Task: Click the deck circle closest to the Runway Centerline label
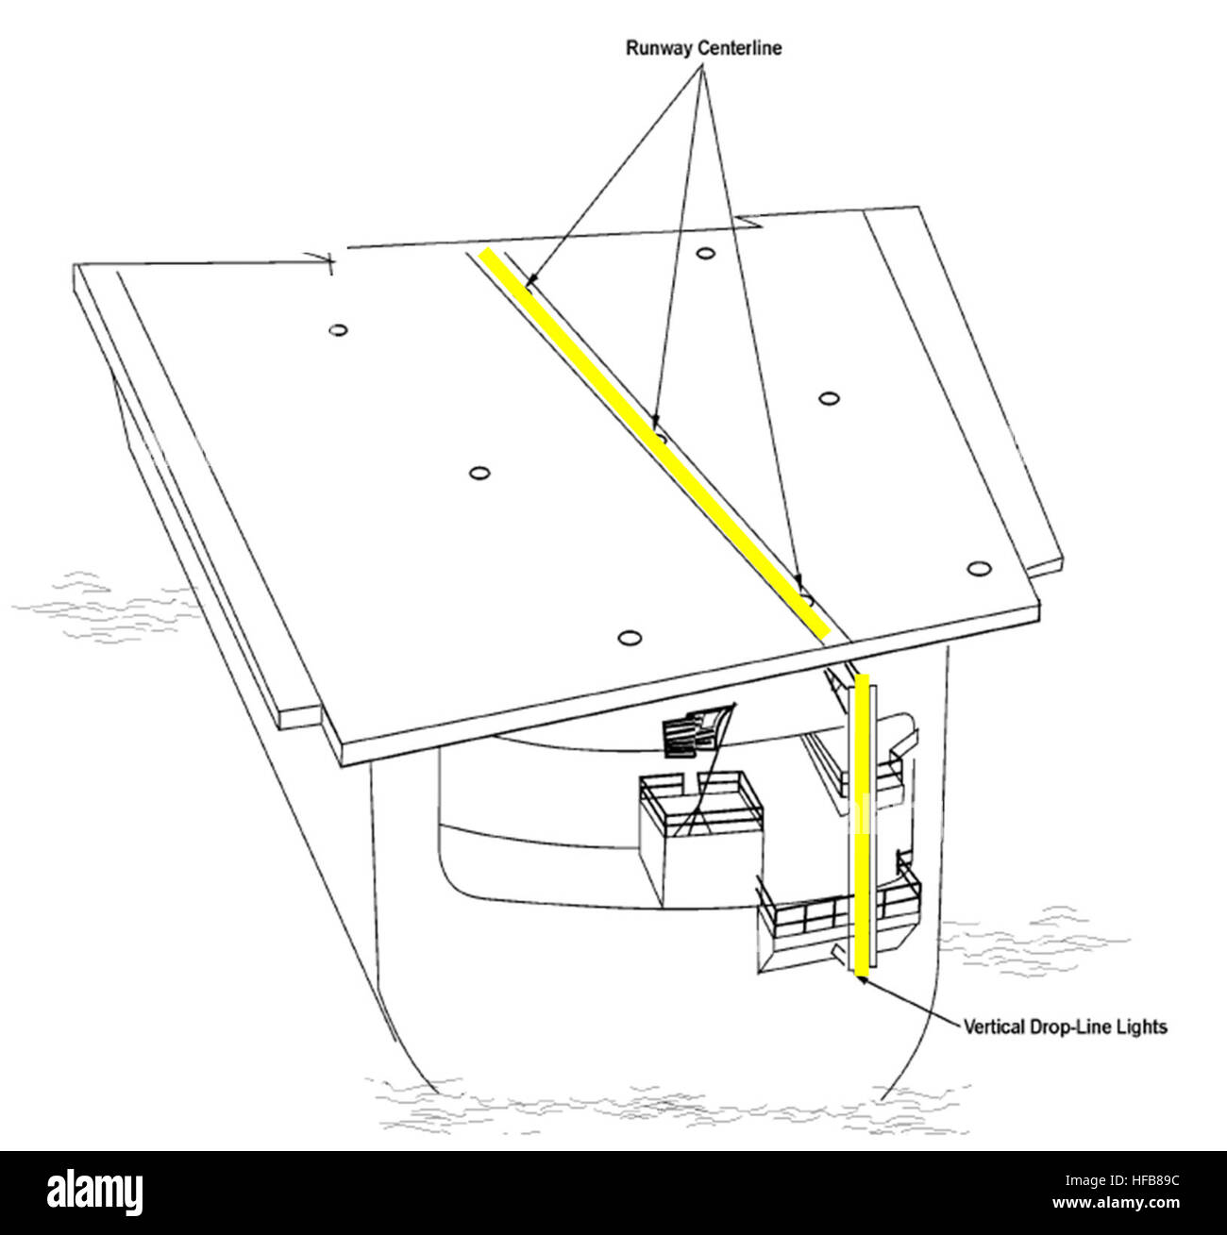point(704,253)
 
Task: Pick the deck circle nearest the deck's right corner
point(979,569)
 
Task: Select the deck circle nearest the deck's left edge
point(339,330)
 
